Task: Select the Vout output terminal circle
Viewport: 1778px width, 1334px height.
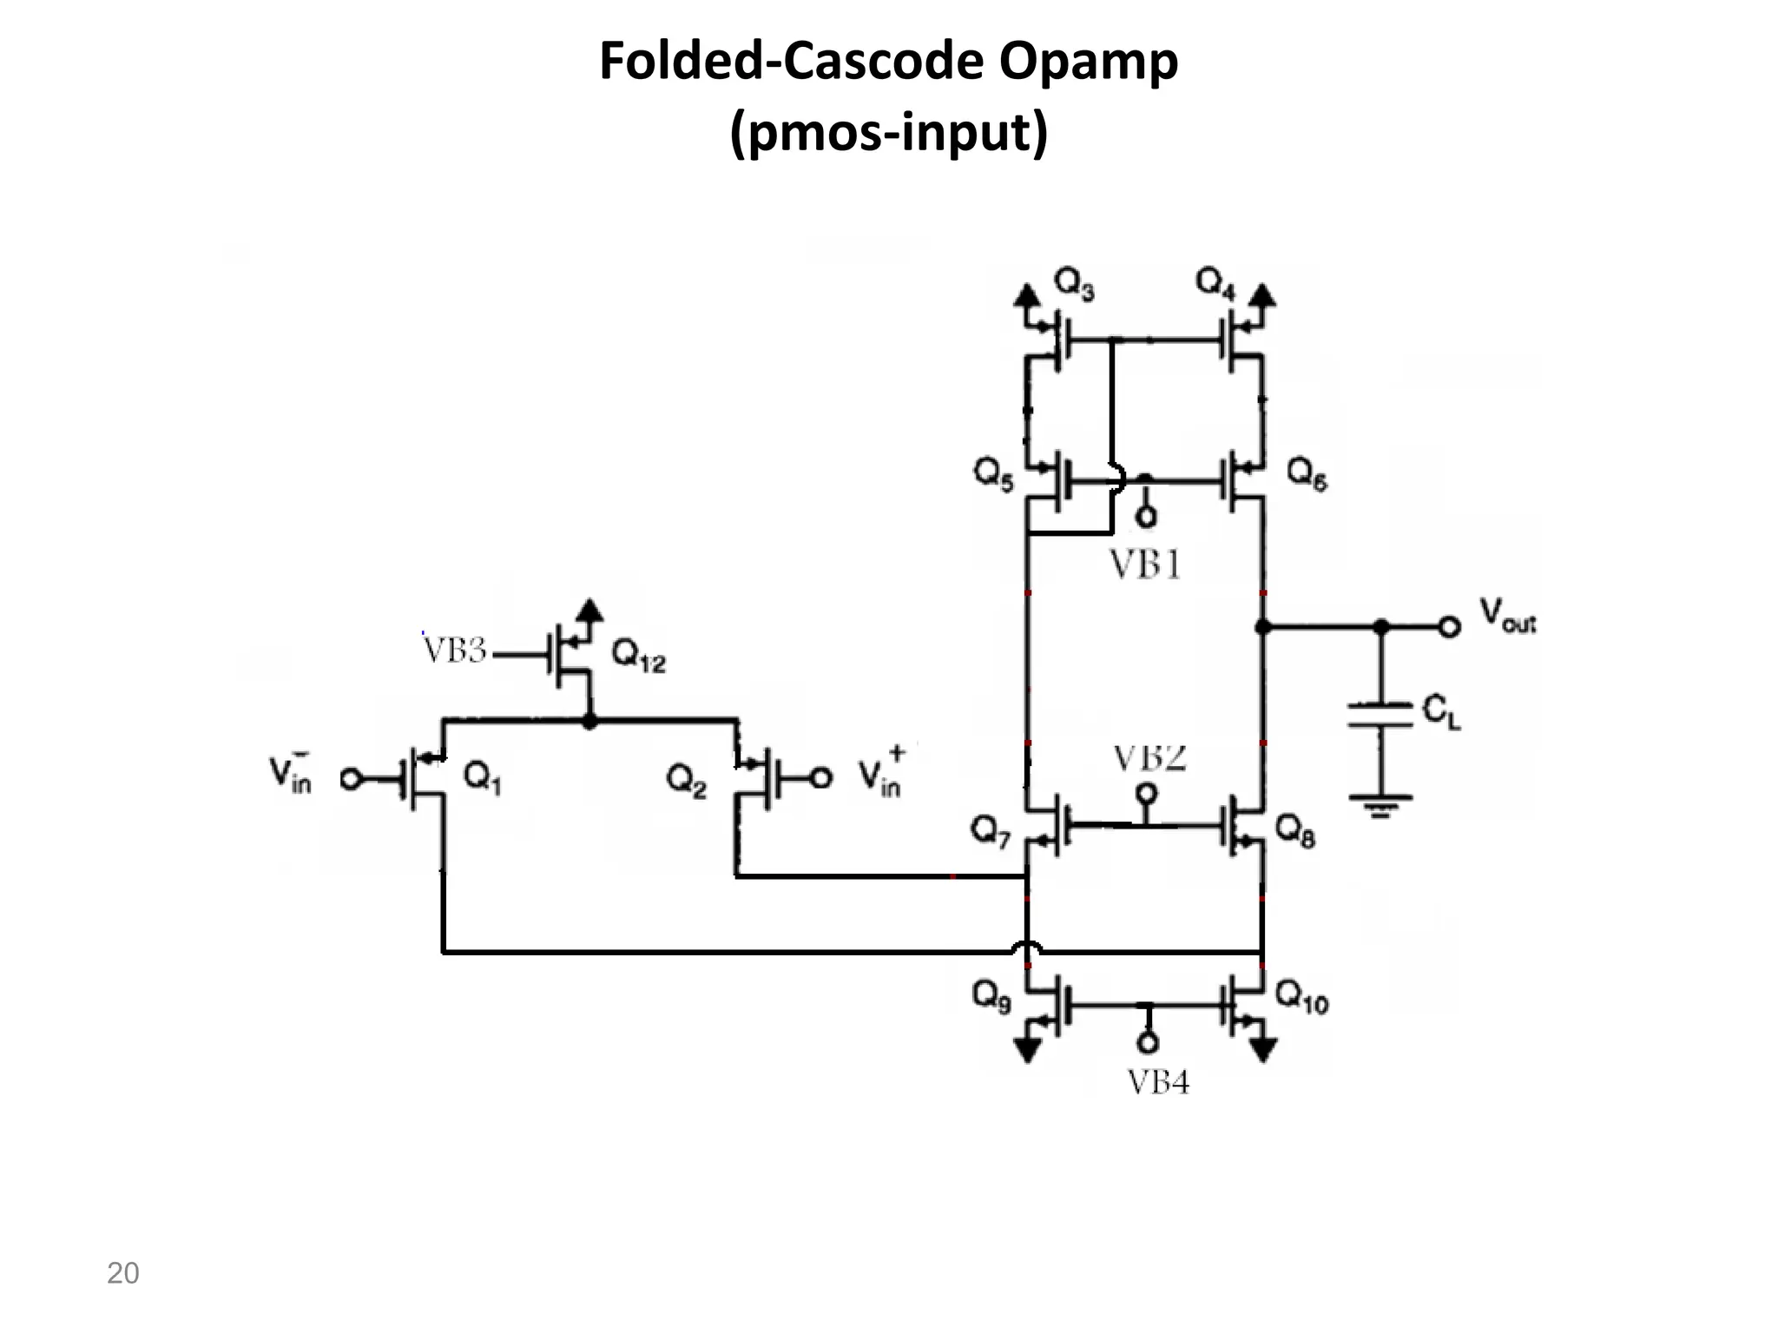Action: (1448, 626)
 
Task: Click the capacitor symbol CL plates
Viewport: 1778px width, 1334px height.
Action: (1381, 714)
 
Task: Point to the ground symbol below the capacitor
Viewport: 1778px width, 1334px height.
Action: (1381, 805)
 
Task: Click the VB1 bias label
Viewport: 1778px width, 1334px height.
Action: (1146, 565)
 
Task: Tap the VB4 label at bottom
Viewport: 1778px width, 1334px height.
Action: (1158, 1082)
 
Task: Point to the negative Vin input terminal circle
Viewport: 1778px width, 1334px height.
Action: (350, 779)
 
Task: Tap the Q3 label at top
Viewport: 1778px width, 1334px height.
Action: (1074, 283)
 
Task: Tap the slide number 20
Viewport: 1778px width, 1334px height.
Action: (122, 1273)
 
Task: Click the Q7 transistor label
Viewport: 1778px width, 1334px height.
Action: (991, 834)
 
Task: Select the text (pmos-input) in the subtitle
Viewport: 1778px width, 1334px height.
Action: (888, 135)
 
